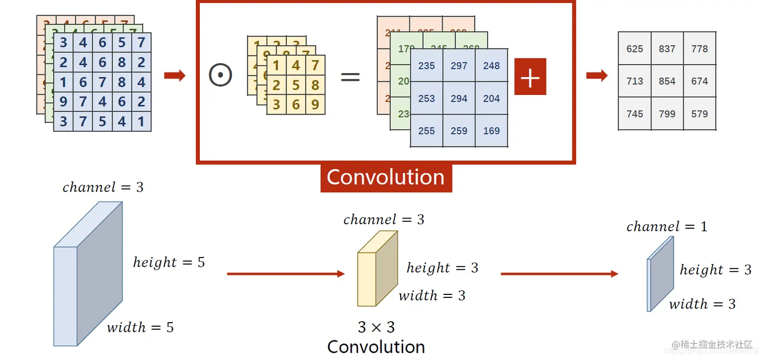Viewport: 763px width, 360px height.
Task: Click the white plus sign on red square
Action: click(x=530, y=77)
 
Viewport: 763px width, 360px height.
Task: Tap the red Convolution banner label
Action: click(x=386, y=177)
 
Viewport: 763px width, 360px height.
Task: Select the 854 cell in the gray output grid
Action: click(x=667, y=81)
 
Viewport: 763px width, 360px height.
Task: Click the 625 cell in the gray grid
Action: click(x=634, y=49)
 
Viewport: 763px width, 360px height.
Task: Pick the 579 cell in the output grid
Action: click(x=699, y=114)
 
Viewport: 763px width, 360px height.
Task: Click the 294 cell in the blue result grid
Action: click(x=459, y=98)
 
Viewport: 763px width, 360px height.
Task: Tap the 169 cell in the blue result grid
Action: click(x=491, y=131)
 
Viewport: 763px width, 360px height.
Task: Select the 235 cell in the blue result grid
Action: click(x=426, y=66)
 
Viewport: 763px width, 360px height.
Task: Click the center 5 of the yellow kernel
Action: click(x=296, y=85)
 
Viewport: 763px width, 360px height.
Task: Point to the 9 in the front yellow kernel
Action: click(x=315, y=105)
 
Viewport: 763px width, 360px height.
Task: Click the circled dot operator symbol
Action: click(x=221, y=76)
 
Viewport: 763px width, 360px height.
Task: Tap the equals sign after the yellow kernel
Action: click(x=350, y=77)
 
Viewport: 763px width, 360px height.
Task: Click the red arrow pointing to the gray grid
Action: click(x=596, y=76)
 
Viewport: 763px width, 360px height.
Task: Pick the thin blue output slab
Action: click(x=661, y=274)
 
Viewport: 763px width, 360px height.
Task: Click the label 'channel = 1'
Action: click(x=667, y=227)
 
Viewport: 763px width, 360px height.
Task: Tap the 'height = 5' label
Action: click(x=169, y=263)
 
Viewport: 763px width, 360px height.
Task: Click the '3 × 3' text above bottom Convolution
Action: click(x=376, y=327)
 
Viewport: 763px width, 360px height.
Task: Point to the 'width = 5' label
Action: click(x=140, y=328)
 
